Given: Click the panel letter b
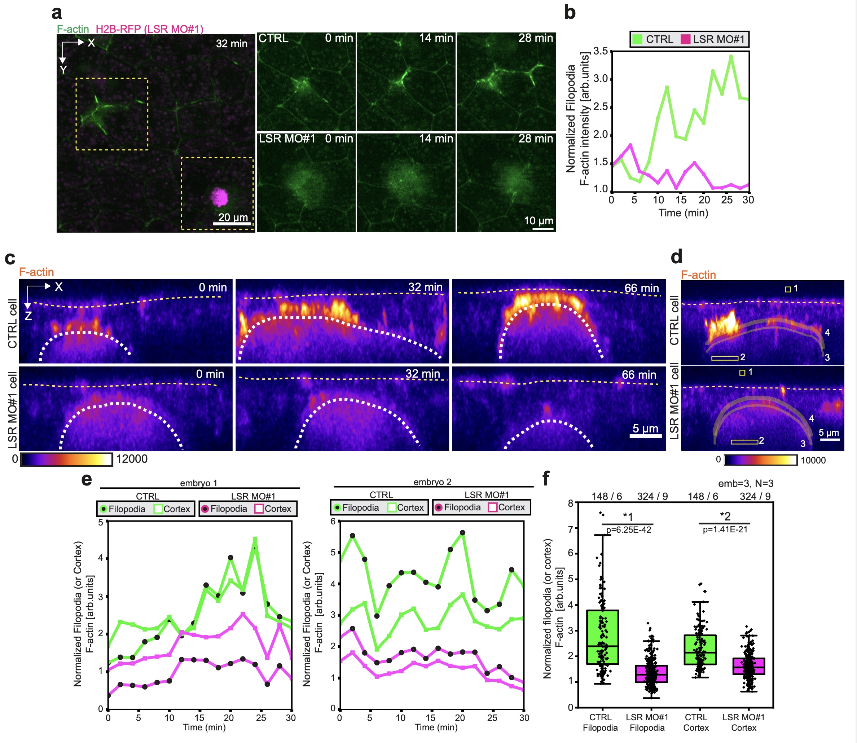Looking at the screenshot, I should point(570,12).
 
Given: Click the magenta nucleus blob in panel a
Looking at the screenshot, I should point(219,197).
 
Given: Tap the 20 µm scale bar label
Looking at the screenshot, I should point(233,217).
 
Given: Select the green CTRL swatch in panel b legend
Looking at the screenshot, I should point(637,39).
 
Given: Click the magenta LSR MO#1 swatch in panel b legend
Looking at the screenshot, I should point(685,39).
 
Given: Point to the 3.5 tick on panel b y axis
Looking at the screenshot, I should point(600,51).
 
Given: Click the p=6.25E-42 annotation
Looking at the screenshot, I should point(629,530).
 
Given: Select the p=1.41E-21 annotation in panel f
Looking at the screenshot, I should point(725,529).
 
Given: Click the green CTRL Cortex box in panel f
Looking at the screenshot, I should point(700,650).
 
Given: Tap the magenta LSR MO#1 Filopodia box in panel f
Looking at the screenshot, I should point(651,674).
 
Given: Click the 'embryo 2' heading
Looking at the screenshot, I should point(432,482).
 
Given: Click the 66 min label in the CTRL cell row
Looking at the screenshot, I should point(641,288).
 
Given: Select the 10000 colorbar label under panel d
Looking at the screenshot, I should point(813,460).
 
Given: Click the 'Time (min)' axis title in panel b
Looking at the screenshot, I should point(683,213).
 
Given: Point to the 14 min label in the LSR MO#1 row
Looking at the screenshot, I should point(436,139).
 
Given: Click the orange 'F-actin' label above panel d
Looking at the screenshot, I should point(698,274).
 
